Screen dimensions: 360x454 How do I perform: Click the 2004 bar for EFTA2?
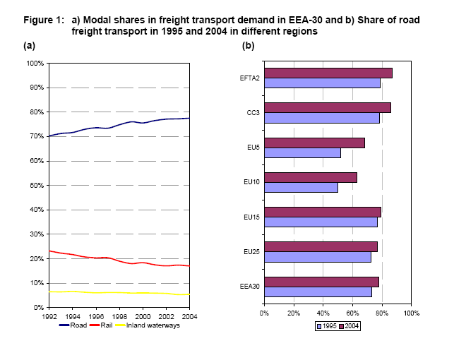328,73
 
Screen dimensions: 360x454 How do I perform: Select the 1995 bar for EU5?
302,152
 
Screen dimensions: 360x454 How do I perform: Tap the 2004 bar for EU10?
310,177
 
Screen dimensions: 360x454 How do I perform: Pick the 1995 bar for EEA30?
317,292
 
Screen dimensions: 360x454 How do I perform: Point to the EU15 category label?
250,217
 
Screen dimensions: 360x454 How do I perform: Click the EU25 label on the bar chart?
250,251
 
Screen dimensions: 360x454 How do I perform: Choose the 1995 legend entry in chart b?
325,326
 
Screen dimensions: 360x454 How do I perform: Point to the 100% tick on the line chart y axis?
35,64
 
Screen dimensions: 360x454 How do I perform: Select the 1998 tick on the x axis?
119,315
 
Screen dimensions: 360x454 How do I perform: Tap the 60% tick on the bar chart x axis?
352,313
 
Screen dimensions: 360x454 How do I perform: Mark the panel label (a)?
29,45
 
